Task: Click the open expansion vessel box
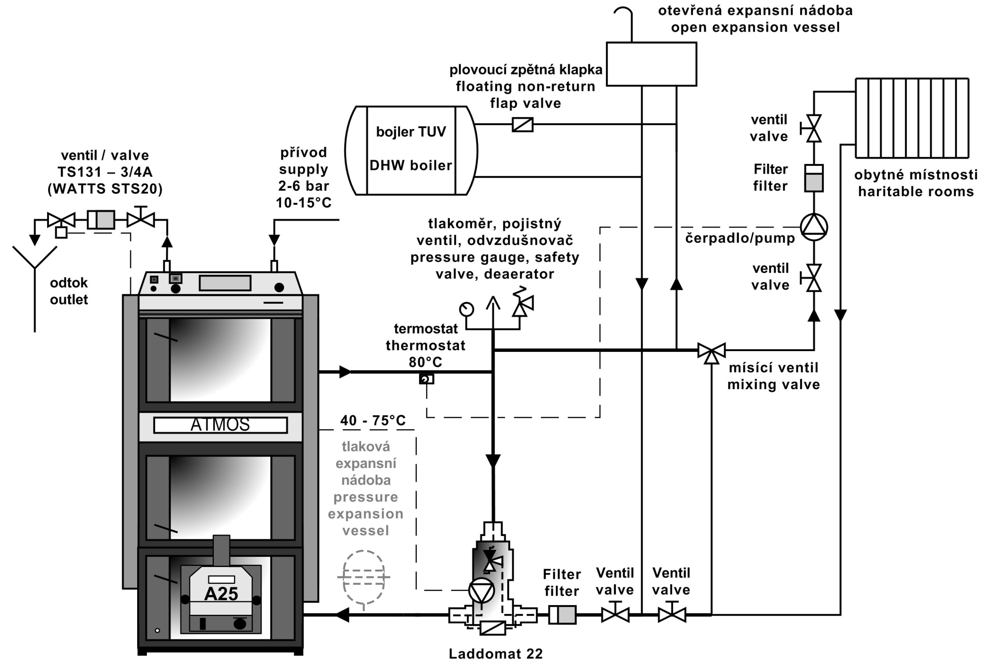pyautogui.click(x=651, y=64)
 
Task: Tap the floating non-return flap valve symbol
pyautogui.click(x=522, y=124)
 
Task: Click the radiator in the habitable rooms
pyautogui.click(x=912, y=118)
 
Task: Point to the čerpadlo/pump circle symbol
pyautogui.click(x=813, y=227)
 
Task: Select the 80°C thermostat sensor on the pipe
pyautogui.click(x=426, y=379)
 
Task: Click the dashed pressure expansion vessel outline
pyautogui.click(x=363, y=576)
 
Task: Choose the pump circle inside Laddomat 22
pyautogui.click(x=481, y=590)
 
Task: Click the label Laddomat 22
pyautogui.click(x=496, y=654)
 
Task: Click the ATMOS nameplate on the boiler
pyautogui.click(x=220, y=425)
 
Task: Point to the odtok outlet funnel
pyautogui.click(x=35, y=258)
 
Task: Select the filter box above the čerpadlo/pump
pyautogui.click(x=813, y=178)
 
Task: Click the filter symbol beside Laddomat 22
pyautogui.click(x=562, y=614)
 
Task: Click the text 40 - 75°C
pyautogui.click(x=373, y=420)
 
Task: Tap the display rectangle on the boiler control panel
pyautogui.click(x=225, y=283)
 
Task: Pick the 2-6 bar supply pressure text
pyautogui.click(x=303, y=186)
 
